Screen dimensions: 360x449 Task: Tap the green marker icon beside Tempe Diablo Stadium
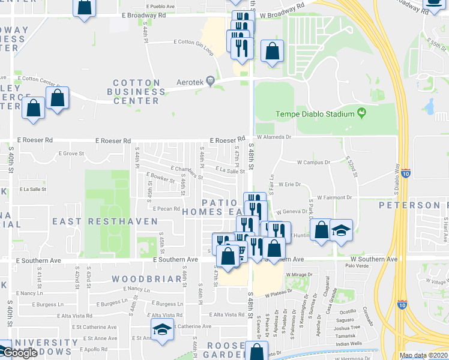361,112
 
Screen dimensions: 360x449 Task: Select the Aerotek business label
181,80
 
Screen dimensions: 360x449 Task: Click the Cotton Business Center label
137,92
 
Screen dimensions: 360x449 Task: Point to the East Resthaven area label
105,221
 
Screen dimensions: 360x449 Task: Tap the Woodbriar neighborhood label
146,279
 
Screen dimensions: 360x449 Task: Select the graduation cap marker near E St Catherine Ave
161,330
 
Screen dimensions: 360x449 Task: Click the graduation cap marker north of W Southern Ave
341,230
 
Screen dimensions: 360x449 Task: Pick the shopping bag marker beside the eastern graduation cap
321,230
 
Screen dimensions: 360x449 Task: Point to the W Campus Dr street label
314,162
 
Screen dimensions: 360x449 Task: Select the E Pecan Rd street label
166,209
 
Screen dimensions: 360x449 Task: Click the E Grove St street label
71,154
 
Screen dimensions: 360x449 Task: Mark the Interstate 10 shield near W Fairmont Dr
406,173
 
